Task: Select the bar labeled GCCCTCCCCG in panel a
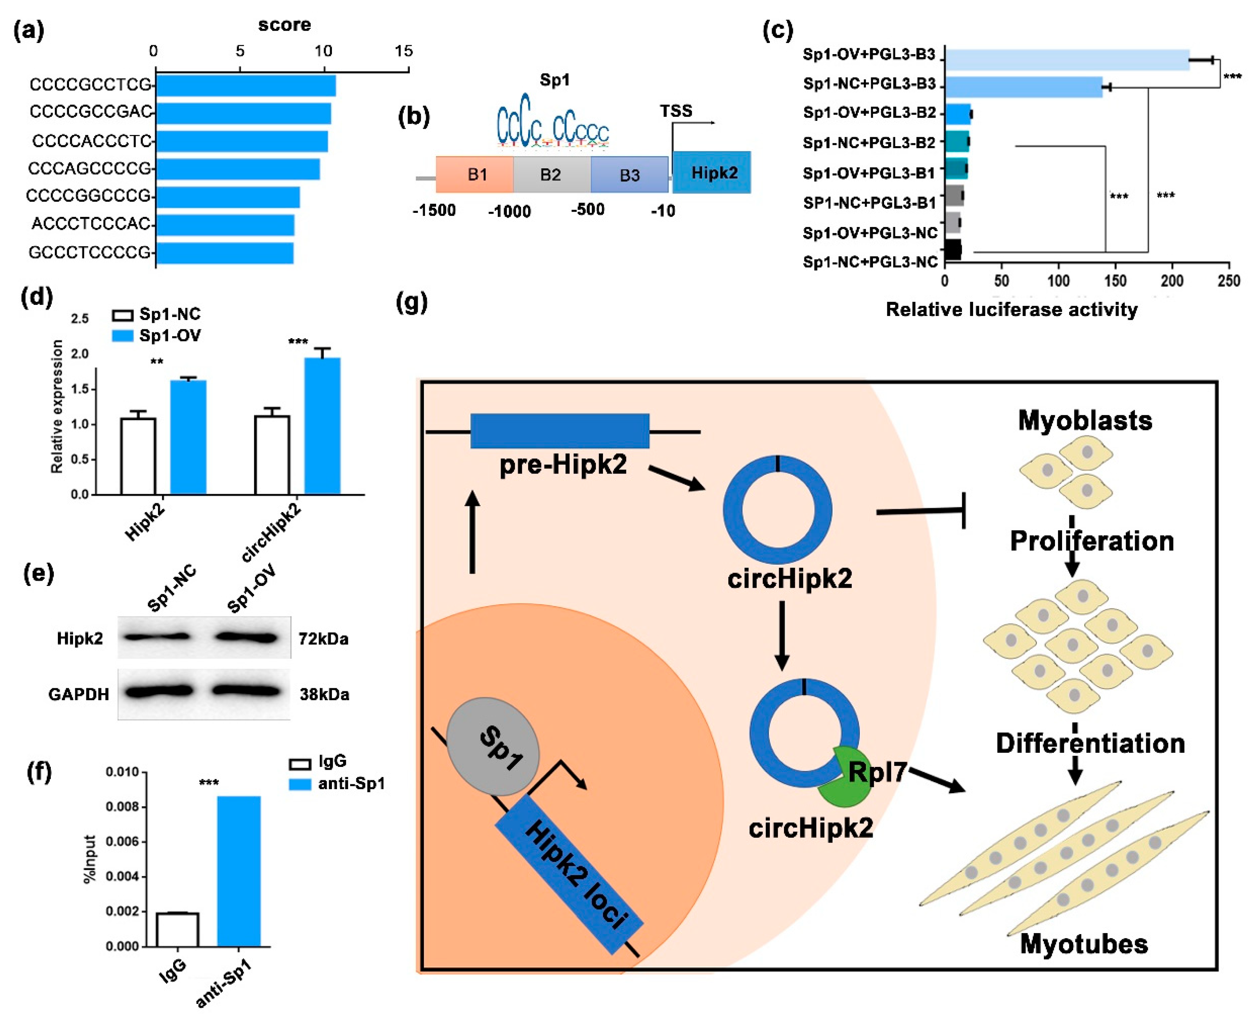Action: click(224, 253)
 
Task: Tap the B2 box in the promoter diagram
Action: click(551, 175)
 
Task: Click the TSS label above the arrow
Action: click(676, 111)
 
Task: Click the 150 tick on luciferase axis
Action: click(1115, 281)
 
